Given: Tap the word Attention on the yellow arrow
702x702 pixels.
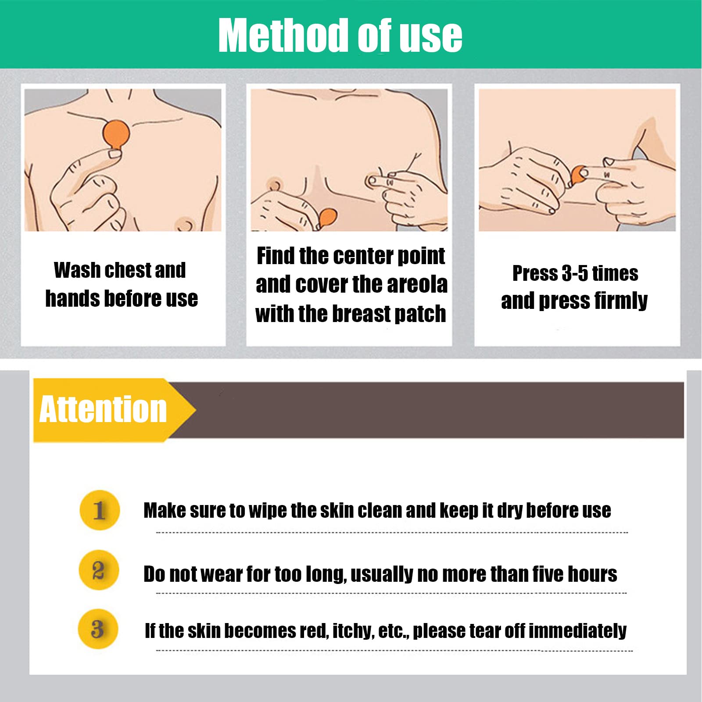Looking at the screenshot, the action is pos(103,409).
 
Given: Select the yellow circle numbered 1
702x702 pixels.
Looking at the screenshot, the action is pos(100,510).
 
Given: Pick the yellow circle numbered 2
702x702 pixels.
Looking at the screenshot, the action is pos(99,570).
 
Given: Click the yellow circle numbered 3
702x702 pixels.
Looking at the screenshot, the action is pos(98,629).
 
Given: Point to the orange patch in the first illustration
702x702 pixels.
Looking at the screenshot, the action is pos(116,135).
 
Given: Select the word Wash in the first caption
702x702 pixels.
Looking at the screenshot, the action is pos(77,270).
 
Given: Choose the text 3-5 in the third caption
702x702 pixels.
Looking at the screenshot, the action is pos(575,273).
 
